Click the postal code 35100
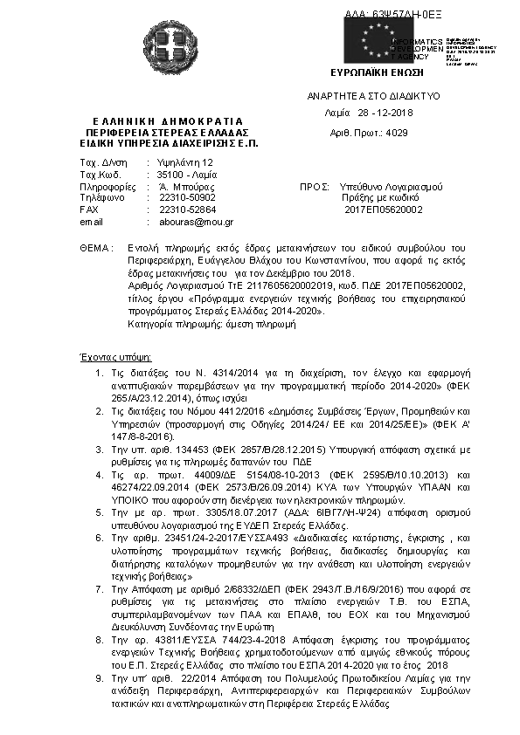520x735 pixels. (170, 175)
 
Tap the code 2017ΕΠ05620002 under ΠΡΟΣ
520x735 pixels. (384, 210)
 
